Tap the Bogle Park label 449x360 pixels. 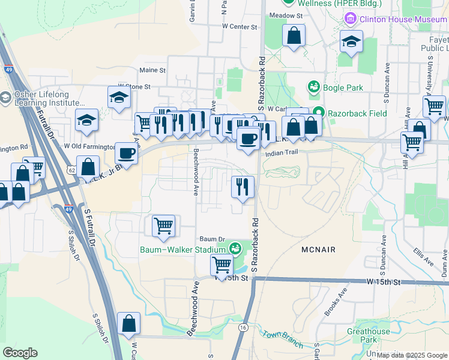point(343,88)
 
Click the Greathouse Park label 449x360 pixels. point(368,335)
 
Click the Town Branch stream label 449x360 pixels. point(282,339)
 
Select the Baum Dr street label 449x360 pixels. point(212,238)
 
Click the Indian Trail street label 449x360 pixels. point(282,153)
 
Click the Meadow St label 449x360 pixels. point(285,14)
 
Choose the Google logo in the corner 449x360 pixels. point(20,353)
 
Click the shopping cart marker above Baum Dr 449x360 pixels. point(163,226)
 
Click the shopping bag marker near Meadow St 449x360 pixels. point(294,35)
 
